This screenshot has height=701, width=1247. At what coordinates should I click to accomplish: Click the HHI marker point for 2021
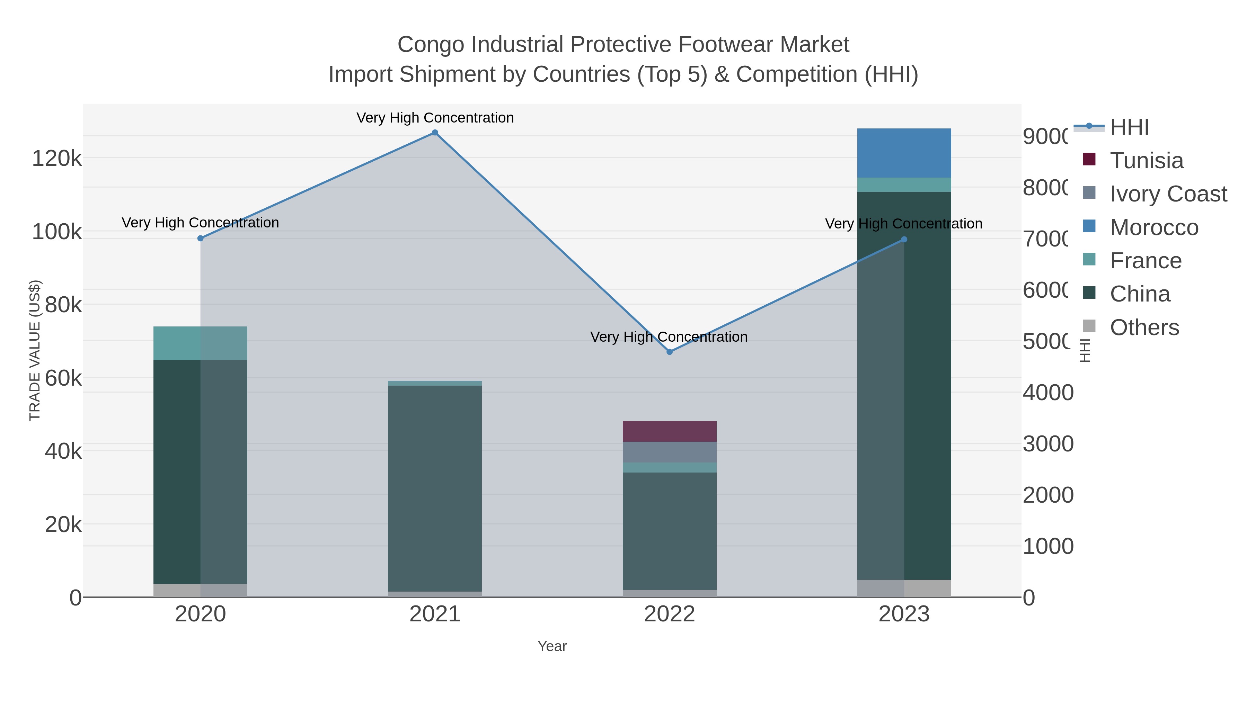point(435,133)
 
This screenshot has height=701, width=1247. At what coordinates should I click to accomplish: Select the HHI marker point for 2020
point(201,238)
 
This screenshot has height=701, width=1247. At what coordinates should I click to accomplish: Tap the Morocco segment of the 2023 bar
point(904,153)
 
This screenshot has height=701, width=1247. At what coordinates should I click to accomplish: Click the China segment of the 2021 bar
point(435,488)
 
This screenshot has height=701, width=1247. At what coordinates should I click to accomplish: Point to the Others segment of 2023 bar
point(904,588)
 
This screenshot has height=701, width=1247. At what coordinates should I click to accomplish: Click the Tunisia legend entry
point(1146,161)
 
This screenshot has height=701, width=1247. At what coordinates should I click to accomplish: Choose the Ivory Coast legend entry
point(1168,194)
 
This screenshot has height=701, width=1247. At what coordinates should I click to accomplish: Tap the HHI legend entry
point(1129,127)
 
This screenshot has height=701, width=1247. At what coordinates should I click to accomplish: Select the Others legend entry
point(1144,327)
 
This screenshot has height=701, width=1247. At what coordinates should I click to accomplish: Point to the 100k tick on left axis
point(57,232)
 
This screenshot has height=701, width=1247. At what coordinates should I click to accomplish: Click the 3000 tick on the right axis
point(1047,444)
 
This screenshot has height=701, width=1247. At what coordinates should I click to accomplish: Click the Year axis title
point(552,646)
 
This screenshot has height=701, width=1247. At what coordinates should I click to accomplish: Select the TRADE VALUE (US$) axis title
point(35,350)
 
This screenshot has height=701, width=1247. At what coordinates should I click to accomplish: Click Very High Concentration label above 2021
point(435,118)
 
